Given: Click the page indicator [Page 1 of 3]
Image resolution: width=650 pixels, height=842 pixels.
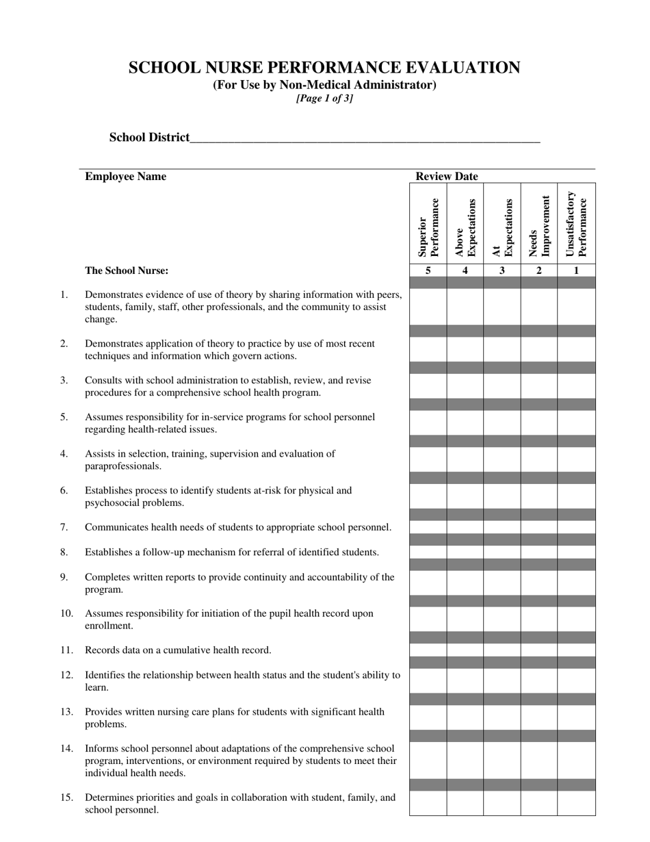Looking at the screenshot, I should [324, 98].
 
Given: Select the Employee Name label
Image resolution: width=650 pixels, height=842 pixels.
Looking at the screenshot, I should [125, 177].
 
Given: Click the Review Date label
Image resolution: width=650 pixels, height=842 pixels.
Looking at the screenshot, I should [447, 177].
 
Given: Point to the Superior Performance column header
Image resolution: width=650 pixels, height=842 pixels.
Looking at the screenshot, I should [428, 226].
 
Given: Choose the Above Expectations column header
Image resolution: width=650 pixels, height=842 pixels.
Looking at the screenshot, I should [465, 226].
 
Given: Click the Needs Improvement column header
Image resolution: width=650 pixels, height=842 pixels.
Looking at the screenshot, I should [539, 226].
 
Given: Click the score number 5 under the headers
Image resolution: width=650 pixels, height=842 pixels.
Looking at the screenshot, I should [428, 270].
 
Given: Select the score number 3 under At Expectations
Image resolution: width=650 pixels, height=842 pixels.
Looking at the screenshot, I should [502, 270].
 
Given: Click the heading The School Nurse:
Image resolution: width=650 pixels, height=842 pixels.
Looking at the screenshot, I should [127, 270].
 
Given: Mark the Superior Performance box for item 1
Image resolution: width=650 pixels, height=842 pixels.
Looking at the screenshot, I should [428, 307].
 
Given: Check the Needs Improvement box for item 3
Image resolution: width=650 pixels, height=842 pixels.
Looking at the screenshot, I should [539, 386].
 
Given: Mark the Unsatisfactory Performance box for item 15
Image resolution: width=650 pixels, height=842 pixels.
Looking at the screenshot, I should [576, 803].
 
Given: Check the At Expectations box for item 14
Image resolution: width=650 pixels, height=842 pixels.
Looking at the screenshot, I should [502, 760].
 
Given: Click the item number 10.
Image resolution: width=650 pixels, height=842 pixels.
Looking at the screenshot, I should [66, 613].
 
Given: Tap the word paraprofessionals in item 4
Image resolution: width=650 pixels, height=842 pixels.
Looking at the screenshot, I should [123, 466].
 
